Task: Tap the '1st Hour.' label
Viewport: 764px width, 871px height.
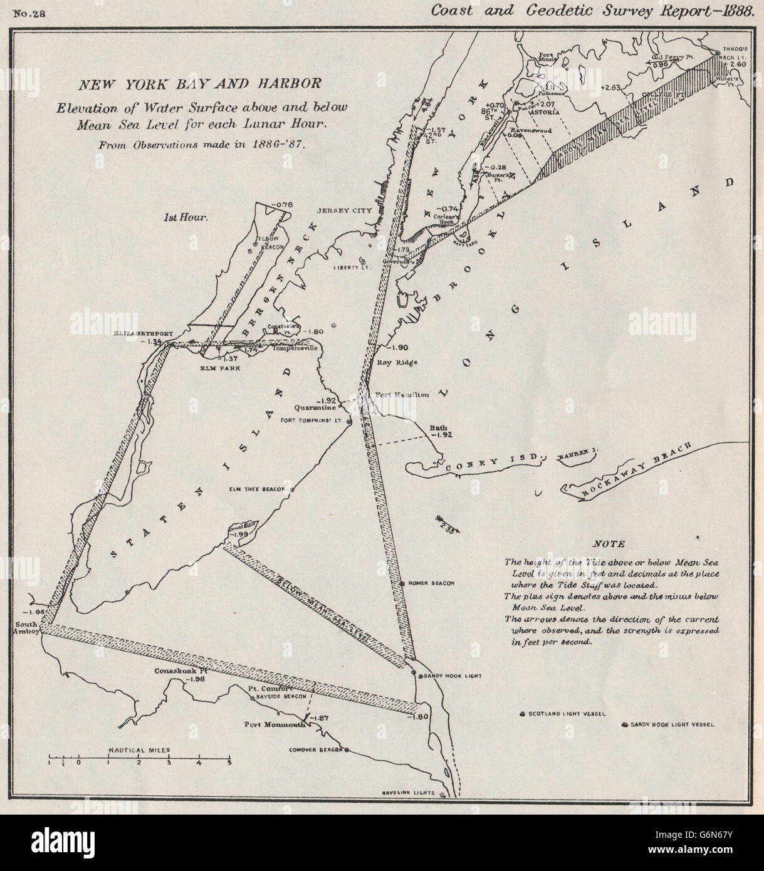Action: [186, 217]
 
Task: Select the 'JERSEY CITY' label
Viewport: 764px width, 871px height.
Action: [345, 211]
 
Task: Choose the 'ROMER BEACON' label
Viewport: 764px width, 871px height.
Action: [431, 583]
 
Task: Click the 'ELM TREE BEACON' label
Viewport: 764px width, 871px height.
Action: [258, 489]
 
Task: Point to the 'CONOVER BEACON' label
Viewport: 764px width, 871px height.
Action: [317, 749]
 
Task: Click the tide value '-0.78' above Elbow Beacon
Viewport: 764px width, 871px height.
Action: [283, 204]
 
